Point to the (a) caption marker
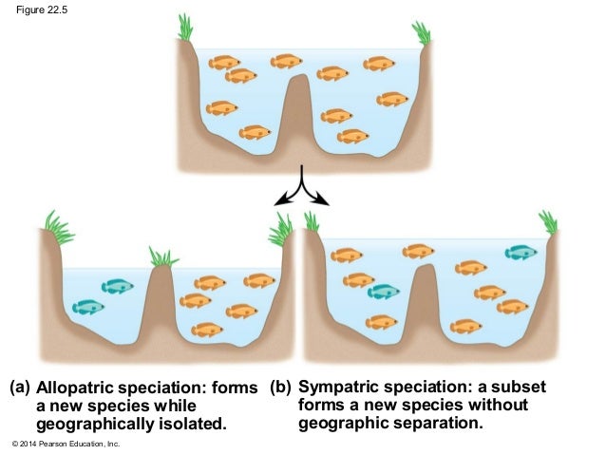(x=19, y=389)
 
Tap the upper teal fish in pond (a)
(x=118, y=286)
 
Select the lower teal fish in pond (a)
(x=88, y=306)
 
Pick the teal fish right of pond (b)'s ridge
(x=521, y=252)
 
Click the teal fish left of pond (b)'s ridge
(x=384, y=292)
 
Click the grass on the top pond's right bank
(x=421, y=33)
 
